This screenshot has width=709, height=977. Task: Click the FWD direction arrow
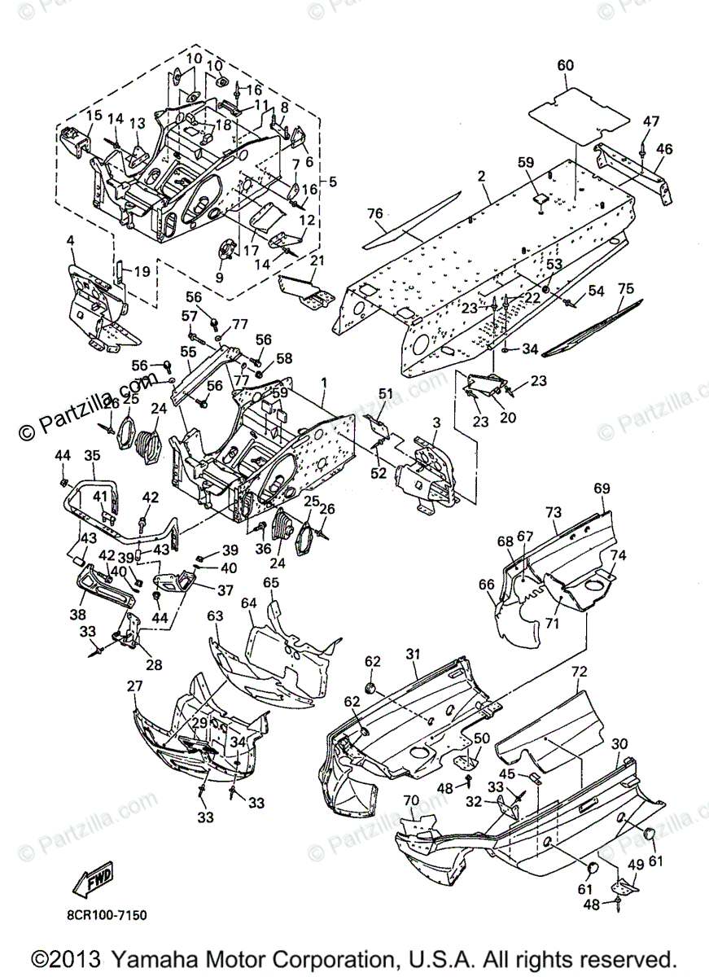(x=91, y=878)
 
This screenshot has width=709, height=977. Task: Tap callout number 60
(x=566, y=64)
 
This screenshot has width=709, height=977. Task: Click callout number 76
(x=374, y=214)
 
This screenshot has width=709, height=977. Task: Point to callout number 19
(x=142, y=271)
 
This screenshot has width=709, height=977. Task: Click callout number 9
(x=217, y=277)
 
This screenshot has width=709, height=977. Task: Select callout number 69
(x=602, y=488)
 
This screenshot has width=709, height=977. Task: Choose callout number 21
(x=317, y=260)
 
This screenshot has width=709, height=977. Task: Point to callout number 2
(x=482, y=175)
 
